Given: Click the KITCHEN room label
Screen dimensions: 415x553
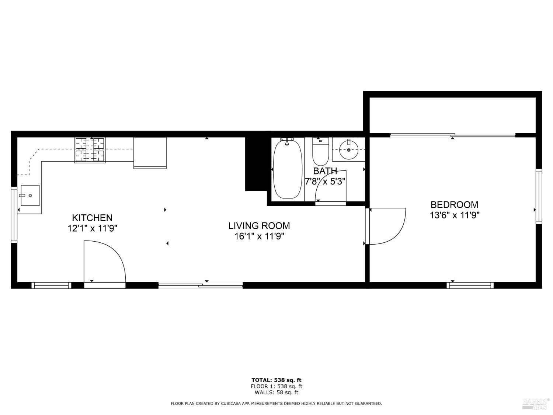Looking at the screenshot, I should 92,218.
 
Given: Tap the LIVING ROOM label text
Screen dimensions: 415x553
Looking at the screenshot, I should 259,225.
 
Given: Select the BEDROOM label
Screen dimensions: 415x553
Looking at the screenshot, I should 454,204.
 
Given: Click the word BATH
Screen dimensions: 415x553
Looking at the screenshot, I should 325,171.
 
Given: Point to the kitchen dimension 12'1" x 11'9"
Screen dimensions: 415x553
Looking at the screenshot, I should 92,228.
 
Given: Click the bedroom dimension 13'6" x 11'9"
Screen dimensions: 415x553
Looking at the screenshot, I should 454,215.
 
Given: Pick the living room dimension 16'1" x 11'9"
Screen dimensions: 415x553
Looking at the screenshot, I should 259,236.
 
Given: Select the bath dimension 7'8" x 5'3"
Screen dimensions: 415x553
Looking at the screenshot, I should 325,181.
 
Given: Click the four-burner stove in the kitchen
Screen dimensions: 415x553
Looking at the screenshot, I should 90,150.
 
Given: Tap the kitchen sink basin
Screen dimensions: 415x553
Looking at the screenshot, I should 30,195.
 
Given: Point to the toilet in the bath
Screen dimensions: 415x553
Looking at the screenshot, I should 320,152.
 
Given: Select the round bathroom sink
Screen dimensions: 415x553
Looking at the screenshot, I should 348,150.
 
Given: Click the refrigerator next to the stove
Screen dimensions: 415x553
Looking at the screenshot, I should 150,152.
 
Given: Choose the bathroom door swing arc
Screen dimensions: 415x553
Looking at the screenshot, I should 330,186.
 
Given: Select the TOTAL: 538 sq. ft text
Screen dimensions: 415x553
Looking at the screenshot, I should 276,380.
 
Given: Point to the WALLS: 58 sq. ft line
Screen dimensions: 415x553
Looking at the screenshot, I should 276,392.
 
